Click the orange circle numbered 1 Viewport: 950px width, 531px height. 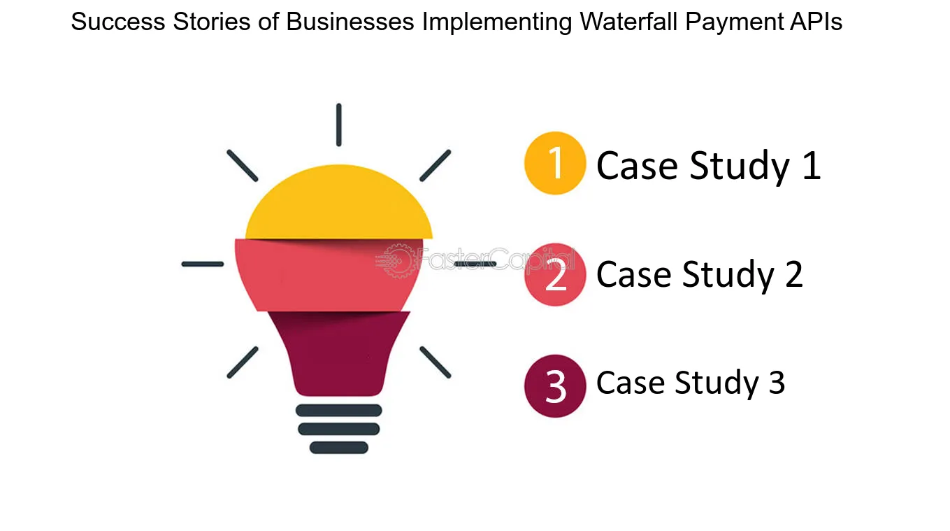point(555,163)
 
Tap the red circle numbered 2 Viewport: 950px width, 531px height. point(555,275)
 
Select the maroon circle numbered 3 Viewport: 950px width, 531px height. point(555,386)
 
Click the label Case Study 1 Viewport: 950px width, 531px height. point(708,166)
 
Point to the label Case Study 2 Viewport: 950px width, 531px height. point(700,275)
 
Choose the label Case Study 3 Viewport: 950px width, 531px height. point(691,383)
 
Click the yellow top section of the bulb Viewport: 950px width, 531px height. point(339,203)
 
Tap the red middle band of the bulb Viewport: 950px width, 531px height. point(329,275)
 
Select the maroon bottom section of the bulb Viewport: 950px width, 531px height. point(339,353)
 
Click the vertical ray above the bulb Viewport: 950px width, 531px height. point(339,125)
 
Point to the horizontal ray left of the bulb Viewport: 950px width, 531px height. point(202,264)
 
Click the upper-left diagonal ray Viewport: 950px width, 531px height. point(243,166)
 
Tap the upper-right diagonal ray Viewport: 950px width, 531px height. point(435,166)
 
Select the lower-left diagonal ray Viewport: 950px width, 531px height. point(243,362)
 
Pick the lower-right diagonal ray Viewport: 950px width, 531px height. point(435,362)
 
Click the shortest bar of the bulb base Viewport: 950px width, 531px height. point(339,447)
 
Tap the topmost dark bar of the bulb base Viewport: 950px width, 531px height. point(339,410)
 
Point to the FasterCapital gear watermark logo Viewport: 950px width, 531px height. point(397,261)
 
